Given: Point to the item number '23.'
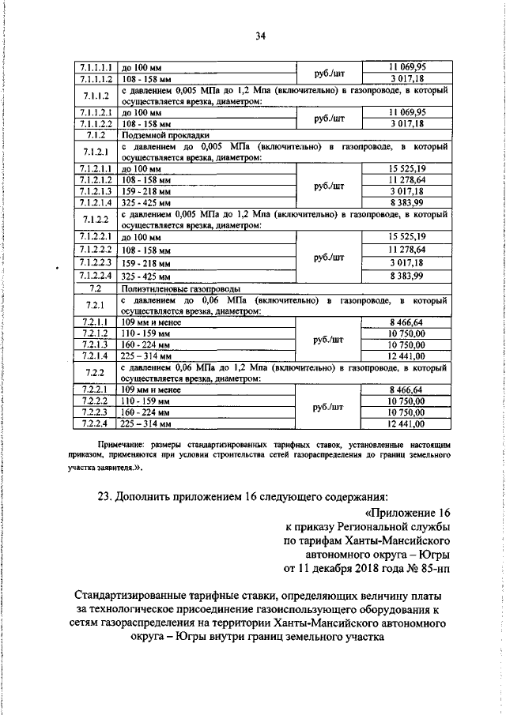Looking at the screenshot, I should pos(106,496).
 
